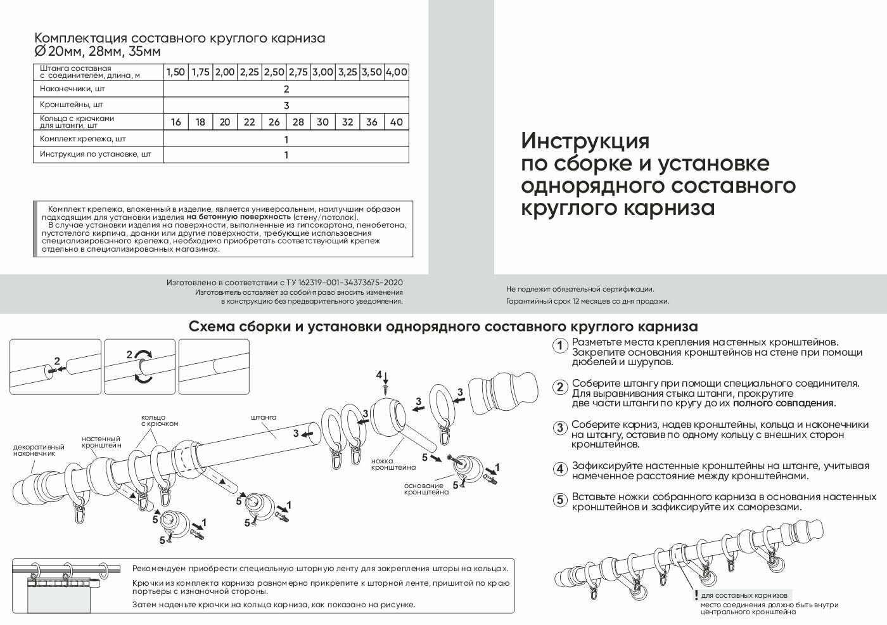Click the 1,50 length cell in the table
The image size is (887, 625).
175,72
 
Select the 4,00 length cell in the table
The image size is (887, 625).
397,72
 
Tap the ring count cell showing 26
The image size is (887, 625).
274,122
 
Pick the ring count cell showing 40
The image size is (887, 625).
397,122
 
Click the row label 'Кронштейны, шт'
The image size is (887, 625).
72,105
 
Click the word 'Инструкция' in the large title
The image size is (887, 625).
585,140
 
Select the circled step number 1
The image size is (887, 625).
559,346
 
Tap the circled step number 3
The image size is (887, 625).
559,428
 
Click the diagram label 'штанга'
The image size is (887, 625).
264,418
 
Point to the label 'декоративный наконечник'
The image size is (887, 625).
39,450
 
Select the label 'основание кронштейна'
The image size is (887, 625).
426,489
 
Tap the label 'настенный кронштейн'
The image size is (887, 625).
101,442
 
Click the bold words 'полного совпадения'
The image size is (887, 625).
784,403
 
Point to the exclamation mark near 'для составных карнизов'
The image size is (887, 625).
696,596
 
